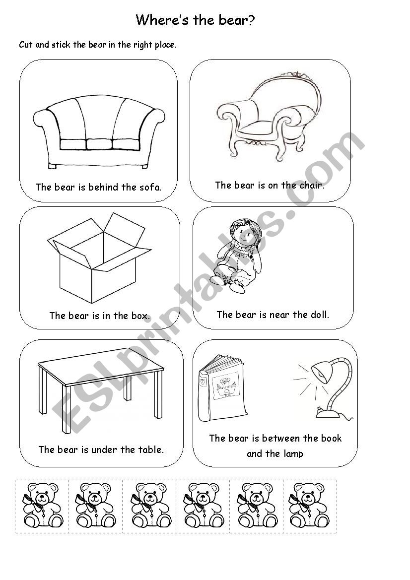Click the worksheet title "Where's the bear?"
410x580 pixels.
tap(195, 20)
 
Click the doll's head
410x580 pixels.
tap(242, 232)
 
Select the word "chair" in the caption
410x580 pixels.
tap(312, 185)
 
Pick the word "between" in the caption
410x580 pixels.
tap(280, 438)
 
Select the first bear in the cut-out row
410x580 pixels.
tap(42, 506)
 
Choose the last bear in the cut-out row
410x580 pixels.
tap(310, 506)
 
